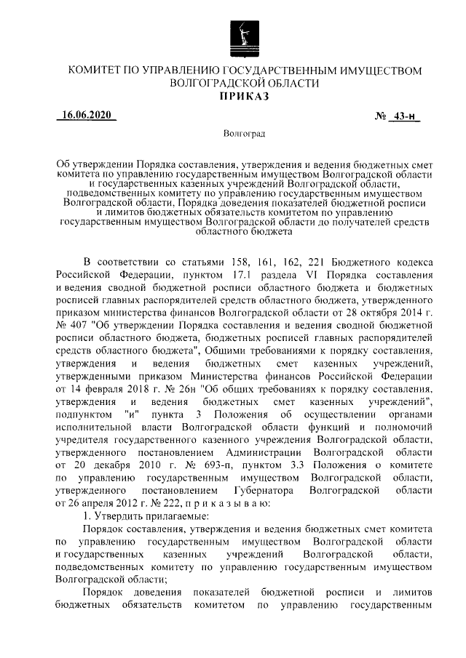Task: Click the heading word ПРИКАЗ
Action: pyautogui.click(x=244, y=97)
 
